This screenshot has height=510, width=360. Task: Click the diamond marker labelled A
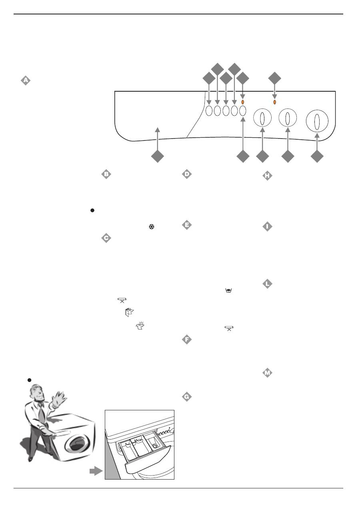point(26,80)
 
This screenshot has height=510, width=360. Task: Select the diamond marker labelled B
point(106,174)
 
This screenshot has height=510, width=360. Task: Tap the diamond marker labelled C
point(106,238)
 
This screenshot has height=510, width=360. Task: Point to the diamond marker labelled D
point(186,174)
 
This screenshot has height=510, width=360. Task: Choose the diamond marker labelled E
point(186,225)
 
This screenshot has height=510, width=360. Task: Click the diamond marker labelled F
point(186,340)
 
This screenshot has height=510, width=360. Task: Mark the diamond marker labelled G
point(186,397)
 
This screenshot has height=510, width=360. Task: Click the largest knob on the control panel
point(317,121)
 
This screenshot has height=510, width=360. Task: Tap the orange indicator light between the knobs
point(274,102)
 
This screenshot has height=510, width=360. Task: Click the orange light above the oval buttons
point(243,102)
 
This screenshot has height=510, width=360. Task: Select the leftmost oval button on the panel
point(209,112)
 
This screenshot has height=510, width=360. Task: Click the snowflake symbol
point(152,227)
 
